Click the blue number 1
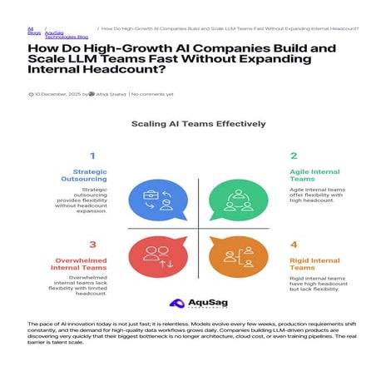click(x=92, y=156)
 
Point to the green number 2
click(x=294, y=156)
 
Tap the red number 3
click(x=92, y=245)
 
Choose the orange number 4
click(x=294, y=245)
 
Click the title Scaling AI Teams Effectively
click(x=198, y=124)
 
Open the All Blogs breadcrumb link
click(x=32, y=30)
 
